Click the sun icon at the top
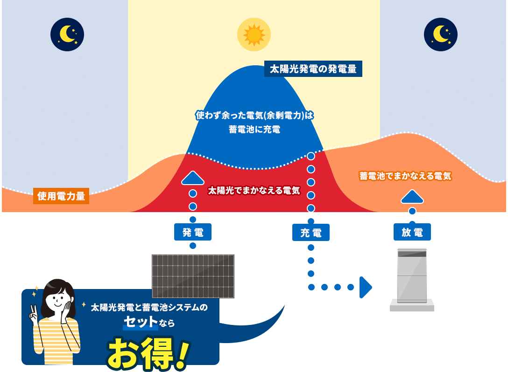254,34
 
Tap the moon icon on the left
67,34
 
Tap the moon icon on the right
441,34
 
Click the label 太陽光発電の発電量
313,69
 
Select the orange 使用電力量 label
62,196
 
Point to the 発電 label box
193,232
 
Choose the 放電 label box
412,232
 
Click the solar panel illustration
193,276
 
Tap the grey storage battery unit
412,277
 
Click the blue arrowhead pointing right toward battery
366,287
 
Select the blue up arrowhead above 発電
193,178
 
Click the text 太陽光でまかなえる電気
254,191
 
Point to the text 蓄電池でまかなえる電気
405,176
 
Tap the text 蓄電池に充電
254,130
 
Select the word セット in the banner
140,322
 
